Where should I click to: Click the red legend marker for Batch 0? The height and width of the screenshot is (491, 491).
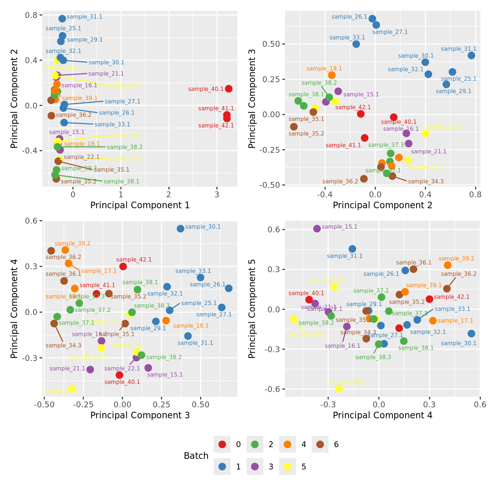tap(222, 444)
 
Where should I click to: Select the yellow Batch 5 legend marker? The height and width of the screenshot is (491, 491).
tap(288, 467)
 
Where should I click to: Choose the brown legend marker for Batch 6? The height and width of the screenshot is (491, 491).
tap(320, 444)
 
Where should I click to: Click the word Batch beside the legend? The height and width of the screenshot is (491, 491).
tap(196, 456)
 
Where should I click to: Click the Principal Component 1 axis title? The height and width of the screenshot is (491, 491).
tap(140, 205)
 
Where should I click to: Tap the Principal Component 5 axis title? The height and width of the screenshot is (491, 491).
tap(252, 309)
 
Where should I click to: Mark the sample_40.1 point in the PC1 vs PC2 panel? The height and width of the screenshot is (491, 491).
tap(229, 89)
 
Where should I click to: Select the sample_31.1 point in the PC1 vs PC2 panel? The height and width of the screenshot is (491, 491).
tap(62, 19)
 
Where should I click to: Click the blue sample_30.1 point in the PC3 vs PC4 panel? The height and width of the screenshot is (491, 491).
tap(180, 229)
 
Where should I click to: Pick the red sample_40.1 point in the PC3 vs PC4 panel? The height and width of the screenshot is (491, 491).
tap(119, 375)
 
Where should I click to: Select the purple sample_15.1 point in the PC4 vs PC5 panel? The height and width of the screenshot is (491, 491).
tap(317, 229)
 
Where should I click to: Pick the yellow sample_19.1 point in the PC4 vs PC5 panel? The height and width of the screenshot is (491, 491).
tap(339, 389)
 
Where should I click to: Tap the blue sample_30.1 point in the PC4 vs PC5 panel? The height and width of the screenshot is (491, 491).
tap(471, 334)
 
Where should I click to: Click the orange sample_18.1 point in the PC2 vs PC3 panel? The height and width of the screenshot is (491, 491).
tap(332, 75)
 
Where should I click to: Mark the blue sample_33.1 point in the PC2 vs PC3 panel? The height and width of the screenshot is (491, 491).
tap(356, 44)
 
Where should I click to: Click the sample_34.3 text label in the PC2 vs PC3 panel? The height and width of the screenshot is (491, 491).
tap(426, 182)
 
